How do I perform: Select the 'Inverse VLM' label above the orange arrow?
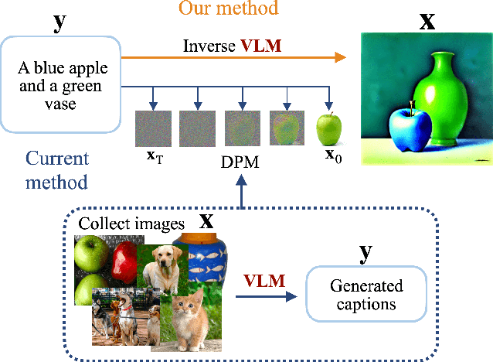[231, 46]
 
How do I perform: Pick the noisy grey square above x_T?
[152, 128]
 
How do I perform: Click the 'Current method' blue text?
[57, 171]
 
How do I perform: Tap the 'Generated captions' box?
[366, 295]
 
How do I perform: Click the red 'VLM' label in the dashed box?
[264, 279]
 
